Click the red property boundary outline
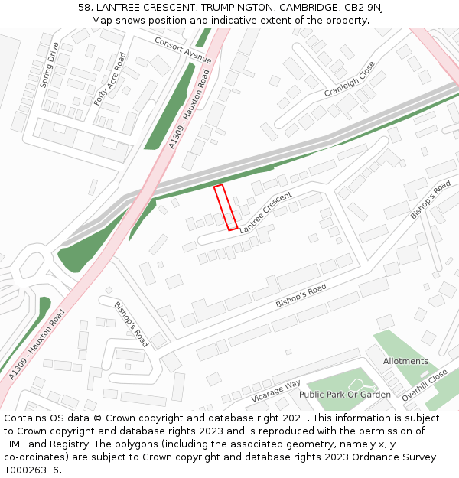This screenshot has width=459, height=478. [x=226, y=207]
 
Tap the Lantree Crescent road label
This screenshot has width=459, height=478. [x=266, y=213]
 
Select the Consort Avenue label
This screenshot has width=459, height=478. [x=183, y=49]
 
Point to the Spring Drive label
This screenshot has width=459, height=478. [x=49, y=65]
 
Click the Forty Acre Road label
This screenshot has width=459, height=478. [x=110, y=79]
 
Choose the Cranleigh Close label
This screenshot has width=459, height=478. [x=350, y=79]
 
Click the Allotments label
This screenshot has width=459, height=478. [x=405, y=361]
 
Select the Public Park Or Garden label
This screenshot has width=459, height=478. [x=344, y=395]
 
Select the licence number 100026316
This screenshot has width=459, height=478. [x=31, y=470]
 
